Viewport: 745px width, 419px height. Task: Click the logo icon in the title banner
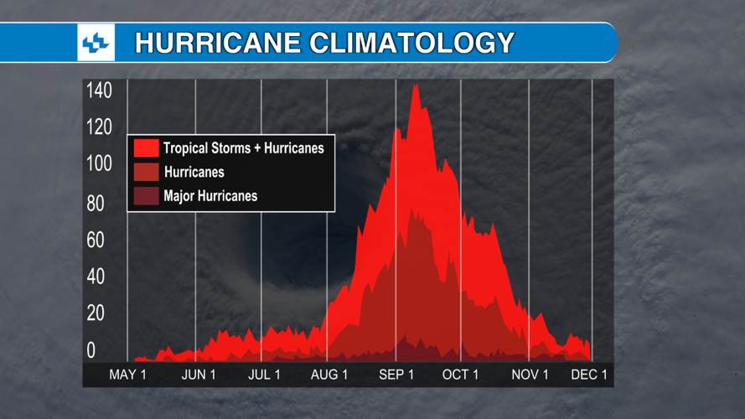[96, 42]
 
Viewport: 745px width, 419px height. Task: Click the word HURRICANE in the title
[205, 42]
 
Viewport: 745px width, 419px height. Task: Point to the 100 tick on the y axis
[99, 163]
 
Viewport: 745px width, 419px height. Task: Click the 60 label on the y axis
[96, 241]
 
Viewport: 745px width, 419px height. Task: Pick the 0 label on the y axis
[91, 350]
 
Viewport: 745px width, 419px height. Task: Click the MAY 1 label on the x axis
[127, 375]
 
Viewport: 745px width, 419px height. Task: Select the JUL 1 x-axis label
[264, 375]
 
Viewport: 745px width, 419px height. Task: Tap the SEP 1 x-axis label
[396, 375]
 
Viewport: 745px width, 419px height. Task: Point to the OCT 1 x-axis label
[460, 375]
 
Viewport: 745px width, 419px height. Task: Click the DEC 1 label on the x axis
[589, 375]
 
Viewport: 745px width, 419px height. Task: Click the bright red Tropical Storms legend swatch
[146, 148]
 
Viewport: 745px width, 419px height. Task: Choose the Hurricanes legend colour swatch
[146, 173]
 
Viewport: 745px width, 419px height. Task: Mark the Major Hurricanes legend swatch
[146, 196]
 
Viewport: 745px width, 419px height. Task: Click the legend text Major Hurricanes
[210, 196]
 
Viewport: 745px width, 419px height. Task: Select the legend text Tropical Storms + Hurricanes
[243, 148]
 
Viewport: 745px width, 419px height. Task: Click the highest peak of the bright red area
[415, 85]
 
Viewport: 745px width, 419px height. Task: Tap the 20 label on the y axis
[96, 313]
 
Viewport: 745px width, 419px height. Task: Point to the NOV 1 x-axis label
[530, 375]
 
